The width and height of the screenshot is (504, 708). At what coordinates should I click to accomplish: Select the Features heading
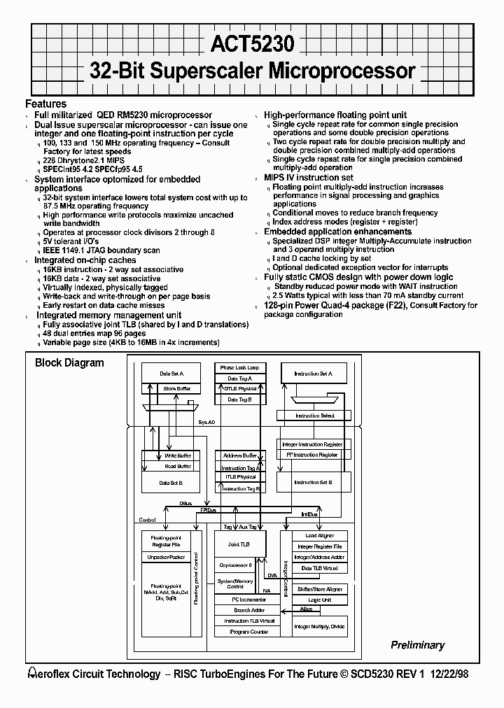(46, 104)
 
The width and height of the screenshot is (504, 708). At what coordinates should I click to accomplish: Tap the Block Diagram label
(69, 362)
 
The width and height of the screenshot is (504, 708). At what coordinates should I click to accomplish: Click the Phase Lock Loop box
(239, 368)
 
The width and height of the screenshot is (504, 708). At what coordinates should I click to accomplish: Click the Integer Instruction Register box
(312, 444)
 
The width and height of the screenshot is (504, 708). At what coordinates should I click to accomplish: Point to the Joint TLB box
(239, 544)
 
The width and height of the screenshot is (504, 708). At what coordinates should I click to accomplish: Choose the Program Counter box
(240, 632)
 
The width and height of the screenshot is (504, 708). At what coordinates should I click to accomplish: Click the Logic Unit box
(319, 600)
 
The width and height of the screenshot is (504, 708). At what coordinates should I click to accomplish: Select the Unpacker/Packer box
(166, 557)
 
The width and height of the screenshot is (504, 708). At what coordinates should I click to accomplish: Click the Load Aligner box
(319, 536)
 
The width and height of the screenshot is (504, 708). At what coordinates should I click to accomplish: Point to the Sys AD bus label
(206, 423)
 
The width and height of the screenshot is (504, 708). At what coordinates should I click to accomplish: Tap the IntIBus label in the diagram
(309, 514)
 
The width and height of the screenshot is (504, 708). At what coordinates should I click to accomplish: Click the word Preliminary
(418, 645)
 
